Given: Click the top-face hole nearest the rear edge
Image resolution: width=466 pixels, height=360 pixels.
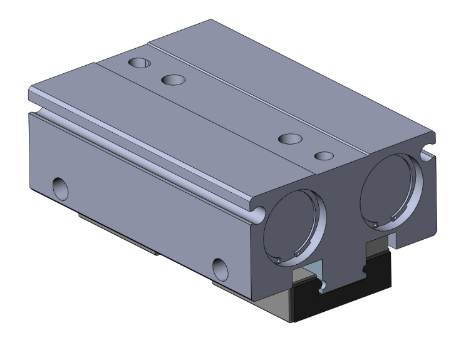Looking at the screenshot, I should pos(139,63).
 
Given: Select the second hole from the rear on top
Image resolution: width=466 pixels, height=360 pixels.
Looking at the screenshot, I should pos(173,80).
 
